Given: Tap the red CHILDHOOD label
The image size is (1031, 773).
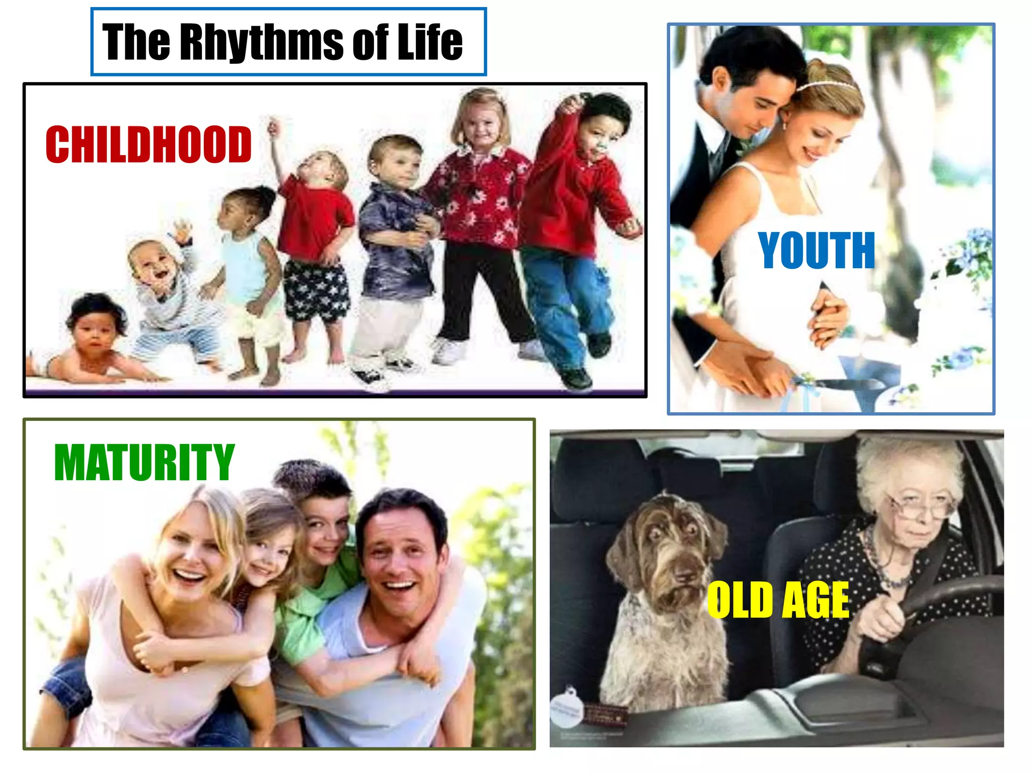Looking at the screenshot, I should [149, 144].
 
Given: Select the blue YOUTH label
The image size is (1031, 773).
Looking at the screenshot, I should [816, 250].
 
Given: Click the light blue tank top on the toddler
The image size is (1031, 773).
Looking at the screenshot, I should [245, 267].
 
